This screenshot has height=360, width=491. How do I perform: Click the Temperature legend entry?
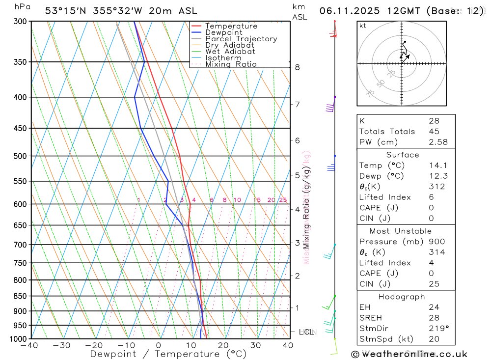(231, 26)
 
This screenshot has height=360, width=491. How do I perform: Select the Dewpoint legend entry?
(223, 32)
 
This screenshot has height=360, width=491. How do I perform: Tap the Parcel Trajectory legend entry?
(241, 39)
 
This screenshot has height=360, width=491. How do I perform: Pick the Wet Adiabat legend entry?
(230, 52)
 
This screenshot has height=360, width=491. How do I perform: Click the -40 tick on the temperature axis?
(29, 345)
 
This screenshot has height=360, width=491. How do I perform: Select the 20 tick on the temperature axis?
(223, 345)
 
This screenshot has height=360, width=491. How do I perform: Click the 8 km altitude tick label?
(298, 67)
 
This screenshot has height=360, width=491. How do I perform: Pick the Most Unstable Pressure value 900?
(436, 242)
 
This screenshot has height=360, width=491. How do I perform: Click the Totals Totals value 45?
(434, 131)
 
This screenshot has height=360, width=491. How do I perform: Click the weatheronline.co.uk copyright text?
(409, 354)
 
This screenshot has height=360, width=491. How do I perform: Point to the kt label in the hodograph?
(363, 26)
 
